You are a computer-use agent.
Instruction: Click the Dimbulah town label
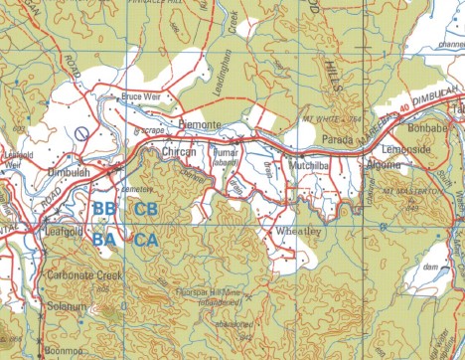(x=70, y=171)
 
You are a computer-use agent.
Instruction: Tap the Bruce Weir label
(x=140, y=97)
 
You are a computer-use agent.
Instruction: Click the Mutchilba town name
(x=311, y=156)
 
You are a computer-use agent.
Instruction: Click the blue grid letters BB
(x=103, y=210)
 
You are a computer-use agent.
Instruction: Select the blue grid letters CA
(x=146, y=240)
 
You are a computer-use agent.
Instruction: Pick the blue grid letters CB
(x=146, y=210)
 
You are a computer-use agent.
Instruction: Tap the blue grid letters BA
(x=103, y=240)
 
